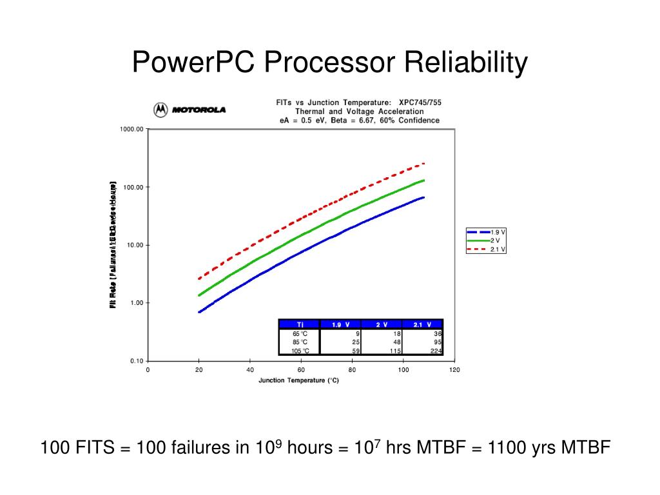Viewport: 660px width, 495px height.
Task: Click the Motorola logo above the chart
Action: pyautogui.click(x=189, y=110)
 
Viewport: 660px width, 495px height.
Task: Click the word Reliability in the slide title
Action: pyautogui.click(x=466, y=63)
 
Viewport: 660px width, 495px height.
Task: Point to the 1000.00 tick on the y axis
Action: pyautogui.click(x=131, y=129)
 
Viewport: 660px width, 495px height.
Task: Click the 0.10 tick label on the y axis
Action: pyautogui.click(x=136, y=361)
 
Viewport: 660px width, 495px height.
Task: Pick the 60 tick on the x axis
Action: pyautogui.click(x=301, y=370)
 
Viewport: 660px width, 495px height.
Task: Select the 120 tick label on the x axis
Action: pyautogui.click(x=454, y=370)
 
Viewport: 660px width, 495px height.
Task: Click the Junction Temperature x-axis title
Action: pyautogui.click(x=298, y=380)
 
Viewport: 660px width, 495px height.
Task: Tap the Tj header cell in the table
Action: pyautogui.click(x=300, y=324)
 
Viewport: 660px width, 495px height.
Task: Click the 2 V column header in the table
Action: pyautogui.click(x=382, y=324)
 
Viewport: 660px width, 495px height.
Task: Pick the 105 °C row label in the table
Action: pyautogui.click(x=300, y=351)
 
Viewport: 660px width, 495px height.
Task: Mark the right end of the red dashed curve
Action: pyautogui.click(x=424, y=163)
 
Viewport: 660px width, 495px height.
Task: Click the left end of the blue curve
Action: pyautogui.click(x=199, y=312)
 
